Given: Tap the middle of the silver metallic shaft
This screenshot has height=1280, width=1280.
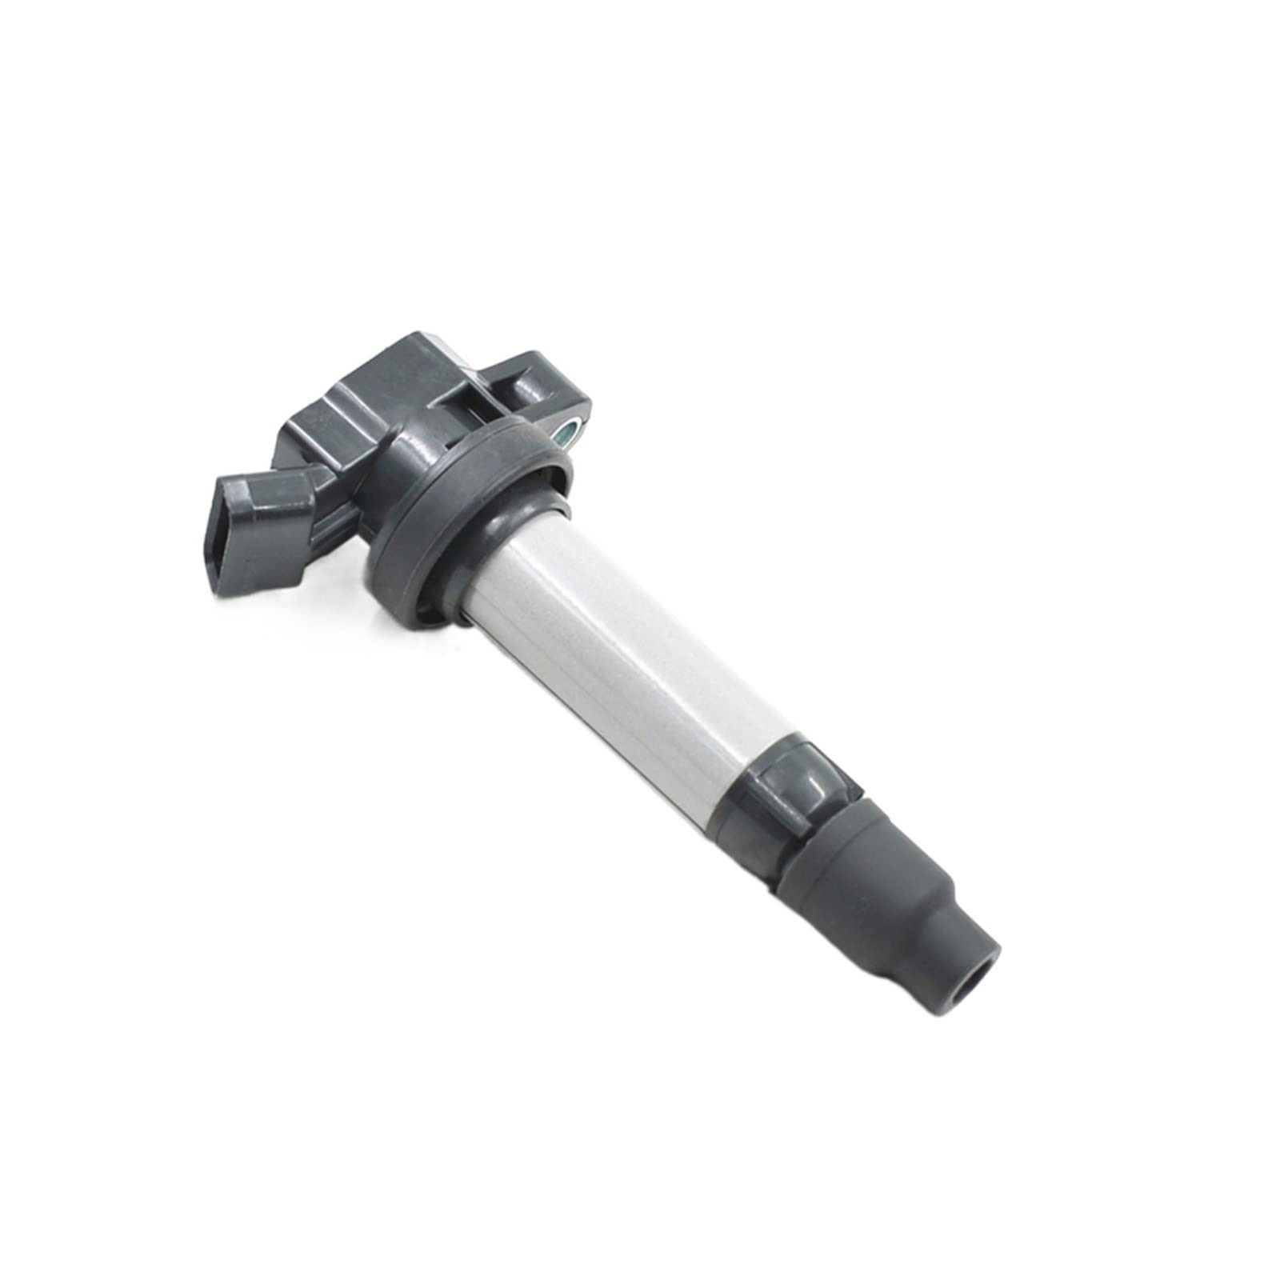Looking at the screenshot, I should point(632,640).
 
